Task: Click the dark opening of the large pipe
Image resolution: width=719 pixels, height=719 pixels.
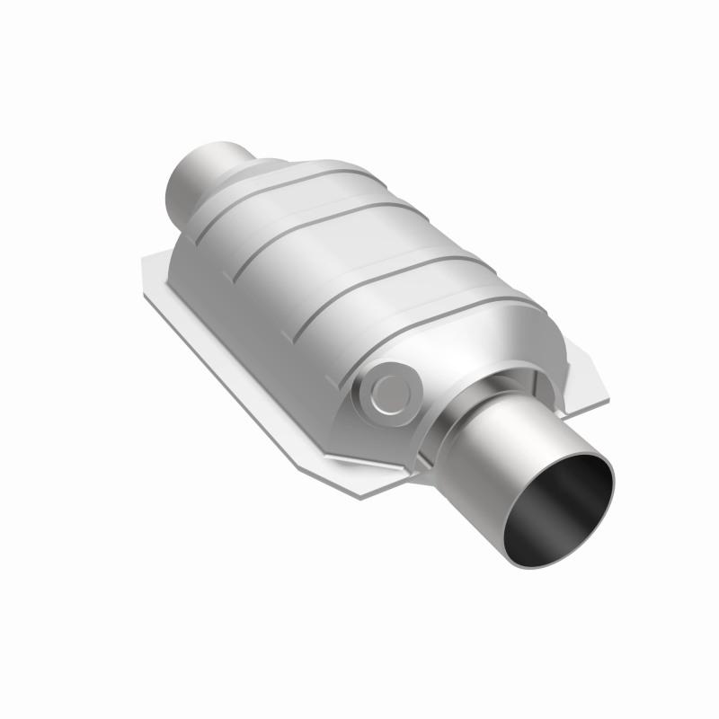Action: pyautogui.click(x=563, y=512)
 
